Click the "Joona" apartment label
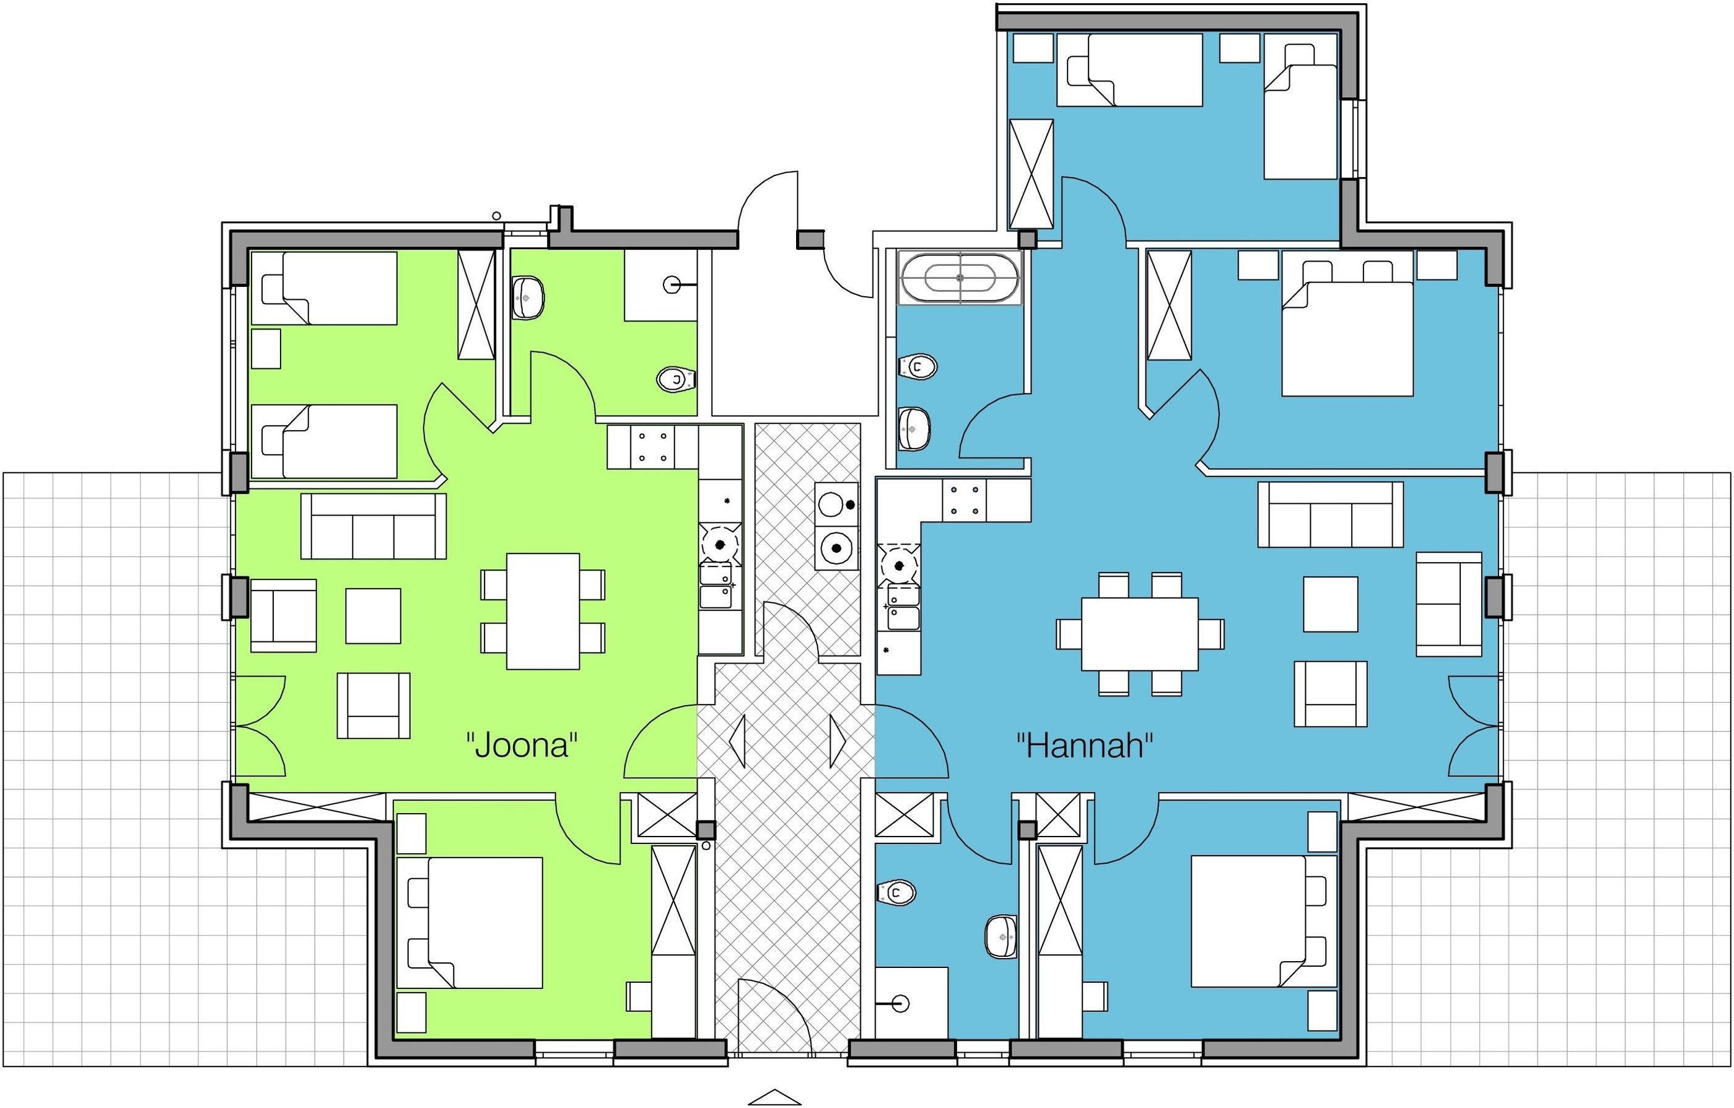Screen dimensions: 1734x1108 pyautogui.click(x=523, y=745)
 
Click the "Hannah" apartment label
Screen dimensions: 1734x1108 pyautogui.click(x=1085, y=745)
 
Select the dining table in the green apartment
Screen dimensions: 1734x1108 pyautogui.click(x=543, y=611)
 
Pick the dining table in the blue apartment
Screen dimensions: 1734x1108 pyautogui.click(x=1140, y=634)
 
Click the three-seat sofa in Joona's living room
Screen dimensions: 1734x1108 pyautogui.click(x=373, y=526)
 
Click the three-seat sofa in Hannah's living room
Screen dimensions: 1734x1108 pyautogui.click(x=1331, y=514)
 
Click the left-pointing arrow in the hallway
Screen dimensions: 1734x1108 pyautogui.click(x=737, y=741)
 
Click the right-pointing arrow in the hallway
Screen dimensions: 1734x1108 pyautogui.click(x=838, y=741)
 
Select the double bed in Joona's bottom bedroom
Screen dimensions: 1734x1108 pyautogui.click(x=470, y=922)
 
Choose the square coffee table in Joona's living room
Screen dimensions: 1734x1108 pyautogui.click(x=373, y=616)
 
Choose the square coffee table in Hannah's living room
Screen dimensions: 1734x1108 pyautogui.click(x=1331, y=604)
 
